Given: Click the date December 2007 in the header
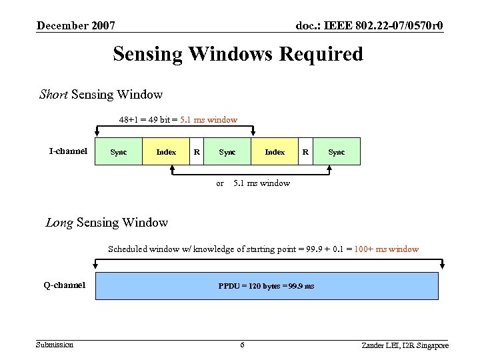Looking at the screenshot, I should tap(76, 26).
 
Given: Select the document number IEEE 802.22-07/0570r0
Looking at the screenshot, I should tap(369, 26).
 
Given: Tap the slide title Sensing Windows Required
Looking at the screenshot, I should tap(238, 53).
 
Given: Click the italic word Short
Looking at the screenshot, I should tap(53, 95).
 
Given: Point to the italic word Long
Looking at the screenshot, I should tap(59, 223).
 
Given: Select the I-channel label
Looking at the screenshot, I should tap(68, 151).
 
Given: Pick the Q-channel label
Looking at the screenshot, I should tap(65, 285).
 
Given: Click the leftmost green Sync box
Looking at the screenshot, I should tap(119, 152).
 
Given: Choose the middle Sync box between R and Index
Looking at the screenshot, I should tap(227, 152).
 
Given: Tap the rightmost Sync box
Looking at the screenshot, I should tap(337, 152).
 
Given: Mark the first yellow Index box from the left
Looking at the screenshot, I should tap(166, 152).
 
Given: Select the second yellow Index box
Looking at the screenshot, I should tap(275, 152).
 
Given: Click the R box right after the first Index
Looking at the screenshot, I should tap(197, 152).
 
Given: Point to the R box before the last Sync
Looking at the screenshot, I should tap(305, 152).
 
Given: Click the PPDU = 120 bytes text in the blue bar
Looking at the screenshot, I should tap(266, 287).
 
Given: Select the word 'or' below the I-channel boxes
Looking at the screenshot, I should tap(220, 183).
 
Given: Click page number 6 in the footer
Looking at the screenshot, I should tap(242, 345).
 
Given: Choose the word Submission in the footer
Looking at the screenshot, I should tap(55, 344).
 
